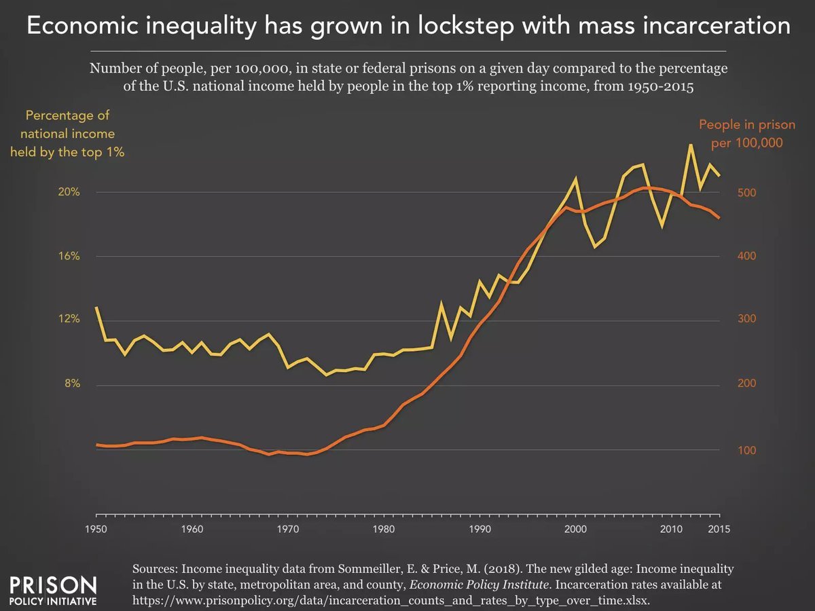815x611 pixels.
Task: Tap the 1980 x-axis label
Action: click(x=385, y=530)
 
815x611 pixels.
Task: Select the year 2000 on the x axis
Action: click(x=577, y=530)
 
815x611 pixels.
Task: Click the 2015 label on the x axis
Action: click(x=719, y=530)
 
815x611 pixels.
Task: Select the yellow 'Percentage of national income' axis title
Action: click(x=67, y=134)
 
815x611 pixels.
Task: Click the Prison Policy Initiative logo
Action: click(x=53, y=591)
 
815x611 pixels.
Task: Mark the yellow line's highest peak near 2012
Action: click(x=691, y=145)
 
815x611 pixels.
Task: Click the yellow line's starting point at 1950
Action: click(x=97, y=308)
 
